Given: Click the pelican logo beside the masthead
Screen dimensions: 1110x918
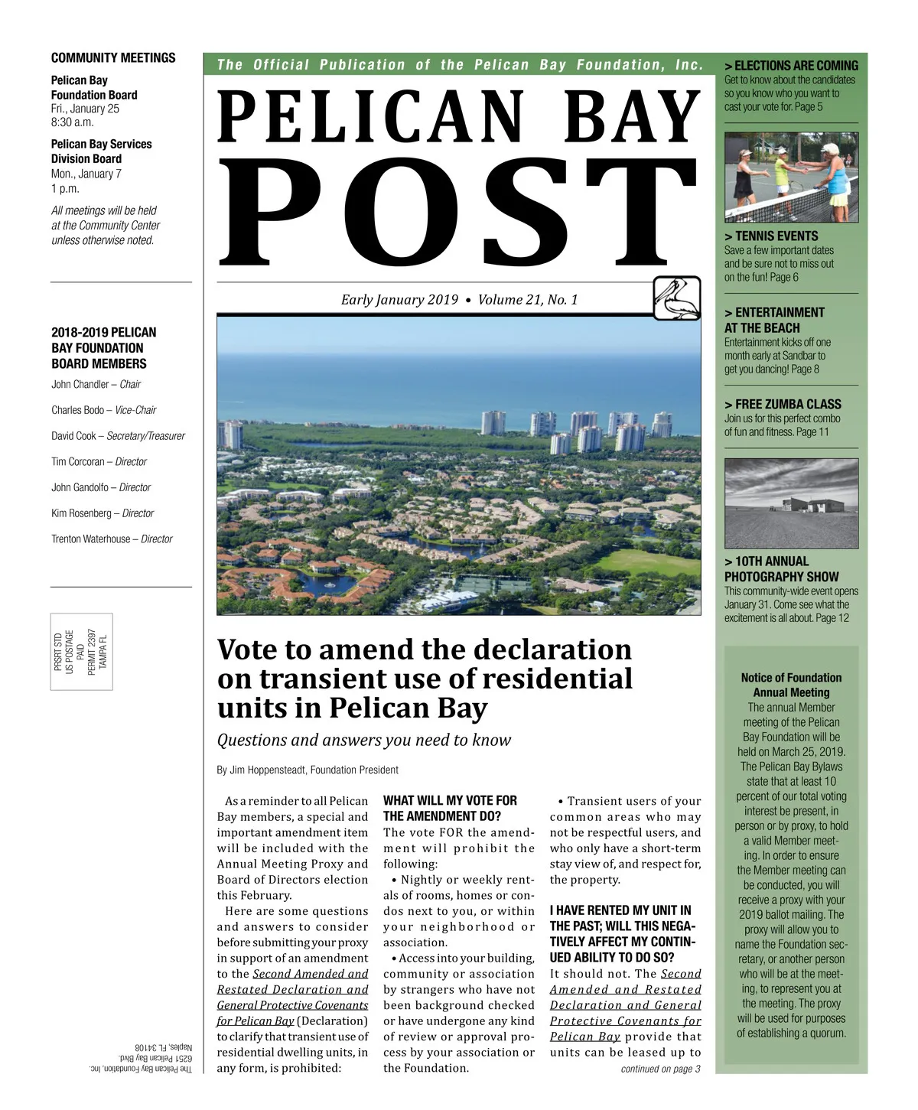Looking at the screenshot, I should pyautogui.click(x=677, y=298).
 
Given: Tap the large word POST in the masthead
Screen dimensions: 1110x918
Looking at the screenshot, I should pyautogui.click(x=457, y=209).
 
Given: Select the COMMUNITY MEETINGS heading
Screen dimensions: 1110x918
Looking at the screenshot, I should pyautogui.click(x=113, y=58).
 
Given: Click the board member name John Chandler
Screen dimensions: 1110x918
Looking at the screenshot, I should pyautogui.click(x=80, y=384).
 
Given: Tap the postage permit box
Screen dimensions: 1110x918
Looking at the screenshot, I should pyautogui.click(x=82, y=651).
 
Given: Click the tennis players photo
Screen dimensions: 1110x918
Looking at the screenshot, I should pyautogui.click(x=791, y=177).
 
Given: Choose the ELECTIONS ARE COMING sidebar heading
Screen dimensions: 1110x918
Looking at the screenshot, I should pyautogui.click(x=792, y=66).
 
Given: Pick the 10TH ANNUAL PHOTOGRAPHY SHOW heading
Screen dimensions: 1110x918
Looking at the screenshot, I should pyautogui.click(x=781, y=568).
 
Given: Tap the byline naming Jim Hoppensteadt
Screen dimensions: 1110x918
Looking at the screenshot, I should pyautogui.click(x=308, y=770).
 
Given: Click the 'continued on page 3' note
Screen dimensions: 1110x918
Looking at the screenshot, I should pyautogui.click(x=660, y=1069).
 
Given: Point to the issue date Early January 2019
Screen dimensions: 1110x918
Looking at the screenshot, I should pyautogui.click(x=399, y=300).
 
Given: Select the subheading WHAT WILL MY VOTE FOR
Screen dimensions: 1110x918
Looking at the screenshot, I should pyautogui.click(x=450, y=800).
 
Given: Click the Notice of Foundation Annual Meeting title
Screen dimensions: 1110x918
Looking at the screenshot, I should pyautogui.click(x=791, y=685).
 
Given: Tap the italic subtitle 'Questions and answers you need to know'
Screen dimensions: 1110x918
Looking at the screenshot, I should pyautogui.click(x=364, y=740).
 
